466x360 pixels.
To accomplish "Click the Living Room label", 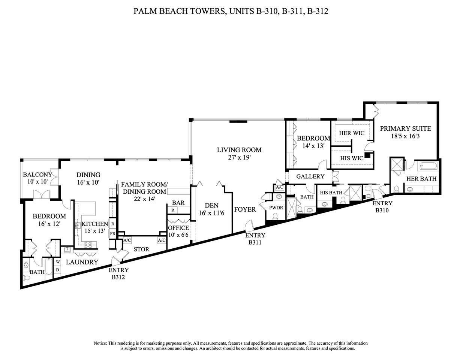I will click(239, 150).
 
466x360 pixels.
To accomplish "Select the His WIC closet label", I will click(352, 158).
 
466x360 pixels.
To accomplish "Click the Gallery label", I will click(310, 176).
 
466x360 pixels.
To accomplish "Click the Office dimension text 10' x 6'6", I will click(178, 235).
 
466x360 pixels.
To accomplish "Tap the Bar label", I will click(178, 203).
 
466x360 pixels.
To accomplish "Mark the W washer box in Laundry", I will click(58, 262).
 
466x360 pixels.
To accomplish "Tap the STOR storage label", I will click(141, 249).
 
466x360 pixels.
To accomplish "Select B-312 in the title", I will click(318, 11).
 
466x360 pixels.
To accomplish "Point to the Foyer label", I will click(245, 209).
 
